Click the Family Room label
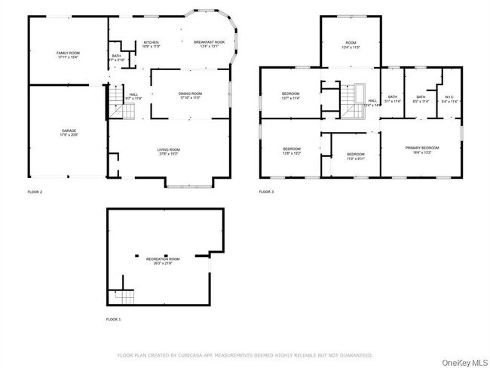tap(68, 54)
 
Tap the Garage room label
tap(69, 133)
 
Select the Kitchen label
tap(152, 44)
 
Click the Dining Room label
tap(190, 94)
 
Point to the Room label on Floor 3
tap(351, 44)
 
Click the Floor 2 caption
tap(35, 192)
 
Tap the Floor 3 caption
tap(266, 192)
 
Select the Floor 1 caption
tap(113, 320)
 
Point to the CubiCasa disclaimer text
tap(245, 354)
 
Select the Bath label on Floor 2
tap(116, 57)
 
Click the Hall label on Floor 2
tap(133, 96)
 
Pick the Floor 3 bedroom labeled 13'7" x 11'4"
tap(291, 95)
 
